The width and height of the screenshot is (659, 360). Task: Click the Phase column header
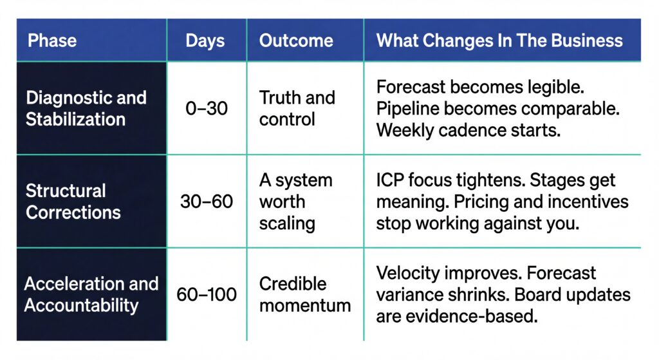(52, 41)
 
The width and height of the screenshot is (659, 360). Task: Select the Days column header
(206, 41)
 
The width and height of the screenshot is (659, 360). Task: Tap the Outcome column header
(296, 41)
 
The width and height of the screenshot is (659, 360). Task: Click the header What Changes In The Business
(499, 41)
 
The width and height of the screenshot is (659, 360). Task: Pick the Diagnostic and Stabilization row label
(86, 108)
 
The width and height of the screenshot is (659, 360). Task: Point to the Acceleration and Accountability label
(91, 294)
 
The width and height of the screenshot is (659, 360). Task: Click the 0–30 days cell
(207, 108)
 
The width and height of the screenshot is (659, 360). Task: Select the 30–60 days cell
(207, 202)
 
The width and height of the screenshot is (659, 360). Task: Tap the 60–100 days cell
(207, 295)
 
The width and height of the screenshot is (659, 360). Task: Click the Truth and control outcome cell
(297, 108)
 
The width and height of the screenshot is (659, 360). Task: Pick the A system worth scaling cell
(295, 202)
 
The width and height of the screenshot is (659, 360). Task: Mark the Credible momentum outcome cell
(304, 294)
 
